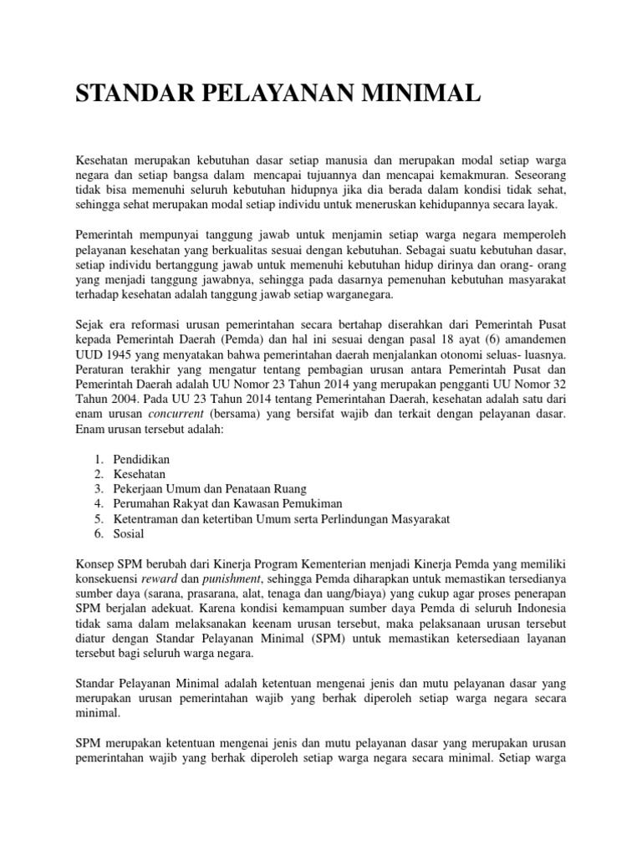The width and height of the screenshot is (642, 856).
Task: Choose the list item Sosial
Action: (x=130, y=534)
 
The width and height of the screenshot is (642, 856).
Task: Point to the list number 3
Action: (x=98, y=489)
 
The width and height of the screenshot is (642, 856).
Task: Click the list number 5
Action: (x=98, y=519)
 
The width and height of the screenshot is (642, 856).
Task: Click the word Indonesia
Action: (x=538, y=609)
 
